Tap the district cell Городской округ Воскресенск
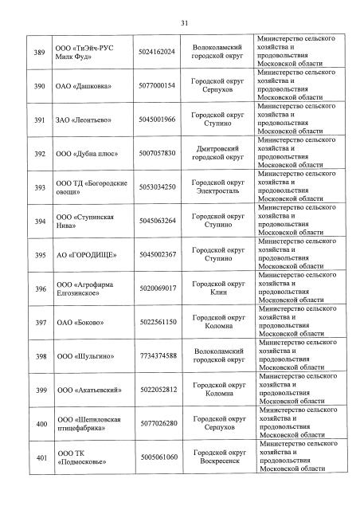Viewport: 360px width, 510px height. point(217,458)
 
